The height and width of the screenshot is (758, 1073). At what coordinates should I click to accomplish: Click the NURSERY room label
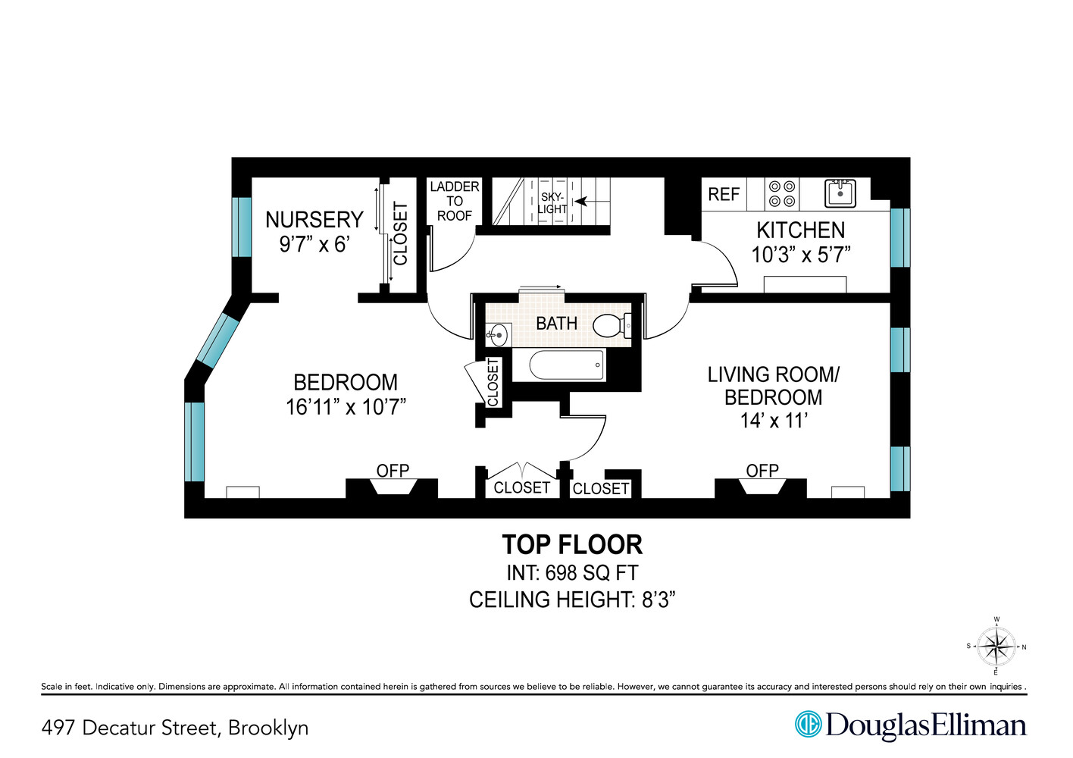(314, 220)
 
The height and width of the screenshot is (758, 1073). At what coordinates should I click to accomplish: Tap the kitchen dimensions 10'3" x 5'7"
(800, 255)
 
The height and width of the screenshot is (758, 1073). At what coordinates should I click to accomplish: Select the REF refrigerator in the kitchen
(723, 195)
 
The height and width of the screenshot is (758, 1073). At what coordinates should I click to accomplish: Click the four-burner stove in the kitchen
(782, 194)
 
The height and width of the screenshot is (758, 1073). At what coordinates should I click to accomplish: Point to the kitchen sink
(840, 193)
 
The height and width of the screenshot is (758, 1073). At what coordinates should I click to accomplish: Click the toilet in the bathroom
(611, 326)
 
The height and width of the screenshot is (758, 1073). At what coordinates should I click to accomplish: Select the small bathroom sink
(498, 332)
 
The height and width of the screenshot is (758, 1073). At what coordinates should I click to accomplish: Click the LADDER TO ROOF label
(454, 201)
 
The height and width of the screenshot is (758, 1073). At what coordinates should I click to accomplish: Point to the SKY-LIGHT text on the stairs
(552, 203)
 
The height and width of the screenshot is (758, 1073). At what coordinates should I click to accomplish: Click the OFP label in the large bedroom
(393, 471)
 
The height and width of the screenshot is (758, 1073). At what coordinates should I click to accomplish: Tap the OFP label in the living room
(762, 471)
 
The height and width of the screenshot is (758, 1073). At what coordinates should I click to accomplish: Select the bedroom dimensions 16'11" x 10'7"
(346, 407)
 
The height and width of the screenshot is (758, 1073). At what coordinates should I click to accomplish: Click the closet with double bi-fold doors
(521, 487)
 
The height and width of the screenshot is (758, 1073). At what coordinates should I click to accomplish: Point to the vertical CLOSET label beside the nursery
(400, 234)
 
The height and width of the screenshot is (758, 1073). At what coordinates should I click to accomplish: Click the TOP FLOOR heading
(572, 544)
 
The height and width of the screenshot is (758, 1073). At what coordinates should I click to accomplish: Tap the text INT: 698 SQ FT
(572, 572)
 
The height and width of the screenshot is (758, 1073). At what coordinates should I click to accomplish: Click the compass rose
(996, 647)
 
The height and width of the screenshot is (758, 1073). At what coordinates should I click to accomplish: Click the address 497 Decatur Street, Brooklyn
(175, 728)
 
